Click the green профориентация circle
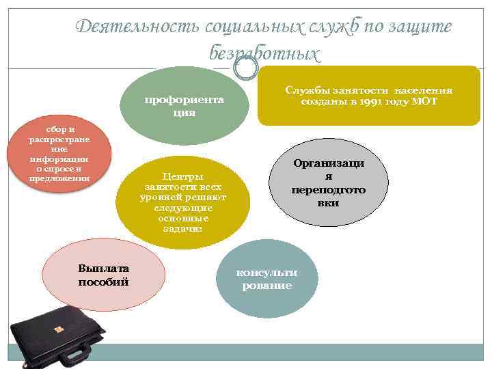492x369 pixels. coord(182,102)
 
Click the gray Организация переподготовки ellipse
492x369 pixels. coord(329,182)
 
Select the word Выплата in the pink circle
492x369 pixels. coord(104,269)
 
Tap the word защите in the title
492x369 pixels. coord(420,27)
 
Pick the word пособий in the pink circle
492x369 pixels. coord(104,281)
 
